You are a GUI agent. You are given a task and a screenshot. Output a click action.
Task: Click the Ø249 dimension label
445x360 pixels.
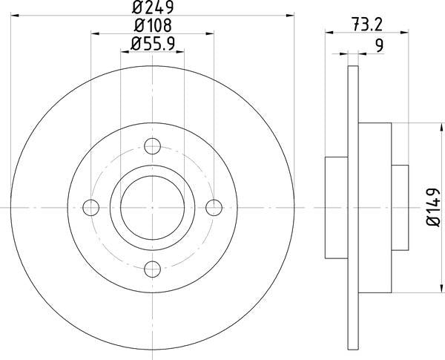152,10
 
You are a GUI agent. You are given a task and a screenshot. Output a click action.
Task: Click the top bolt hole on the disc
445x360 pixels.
153,145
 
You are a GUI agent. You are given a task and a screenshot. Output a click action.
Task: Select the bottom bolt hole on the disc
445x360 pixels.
153,268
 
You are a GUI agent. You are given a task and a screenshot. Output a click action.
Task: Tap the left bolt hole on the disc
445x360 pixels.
91,207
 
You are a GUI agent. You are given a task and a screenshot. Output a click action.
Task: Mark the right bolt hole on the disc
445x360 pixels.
214,207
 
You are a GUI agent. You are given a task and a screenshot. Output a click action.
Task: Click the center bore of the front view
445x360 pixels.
153,207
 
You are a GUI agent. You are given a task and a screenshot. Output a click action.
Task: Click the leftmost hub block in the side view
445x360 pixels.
336,207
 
